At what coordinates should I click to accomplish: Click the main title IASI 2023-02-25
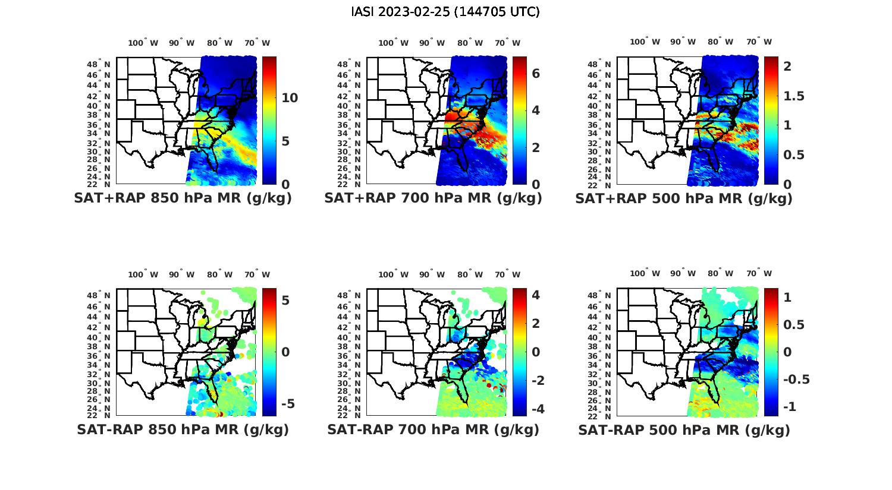click(x=445, y=12)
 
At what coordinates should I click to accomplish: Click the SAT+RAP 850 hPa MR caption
click(x=183, y=198)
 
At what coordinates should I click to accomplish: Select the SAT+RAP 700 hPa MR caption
click(x=433, y=198)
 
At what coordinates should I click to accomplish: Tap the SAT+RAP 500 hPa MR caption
click(x=684, y=198)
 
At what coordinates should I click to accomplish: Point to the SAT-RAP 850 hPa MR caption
click(x=183, y=429)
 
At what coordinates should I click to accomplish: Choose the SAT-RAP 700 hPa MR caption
click(x=433, y=429)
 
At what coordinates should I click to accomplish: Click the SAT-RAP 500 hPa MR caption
click(x=684, y=429)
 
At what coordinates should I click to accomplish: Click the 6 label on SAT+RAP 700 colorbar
click(x=535, y=73)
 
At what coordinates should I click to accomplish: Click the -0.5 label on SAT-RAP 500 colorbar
click(x=796, y=379)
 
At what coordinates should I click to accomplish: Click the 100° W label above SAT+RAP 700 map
click(x=393, y=43)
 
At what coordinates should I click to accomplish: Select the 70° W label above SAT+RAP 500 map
click(x=759, y=42)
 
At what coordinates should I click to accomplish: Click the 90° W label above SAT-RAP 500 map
click(x=683, y=273)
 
